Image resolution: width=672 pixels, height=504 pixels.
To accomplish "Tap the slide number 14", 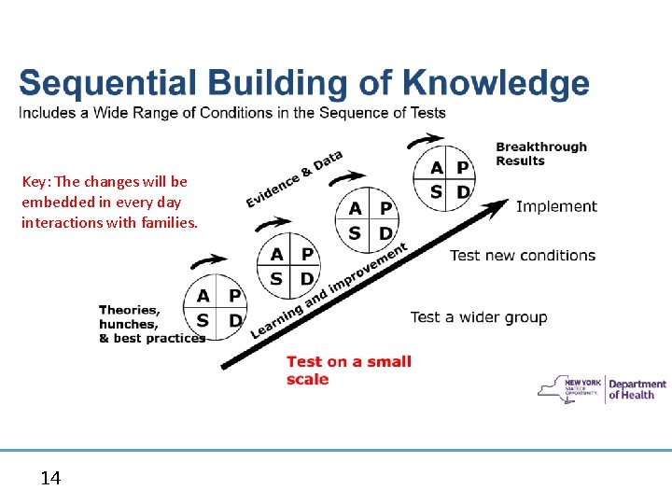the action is (x=50, y=479).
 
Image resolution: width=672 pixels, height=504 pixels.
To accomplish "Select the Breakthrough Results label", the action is (x=541, y=154).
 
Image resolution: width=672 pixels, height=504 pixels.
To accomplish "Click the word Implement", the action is (x=556, y=206).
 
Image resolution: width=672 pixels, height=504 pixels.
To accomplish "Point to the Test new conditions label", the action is (x=522, y=255).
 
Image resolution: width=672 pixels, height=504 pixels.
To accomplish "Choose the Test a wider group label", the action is (x=479, y=317).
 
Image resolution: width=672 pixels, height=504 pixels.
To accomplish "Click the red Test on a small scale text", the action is (x=348, y=370).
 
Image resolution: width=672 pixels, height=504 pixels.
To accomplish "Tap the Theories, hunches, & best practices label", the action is (x=149, y=324).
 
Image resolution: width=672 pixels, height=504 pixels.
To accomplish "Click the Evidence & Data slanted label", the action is (x=294, y=179).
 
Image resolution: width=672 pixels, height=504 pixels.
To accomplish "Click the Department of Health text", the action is (x=637, y=389).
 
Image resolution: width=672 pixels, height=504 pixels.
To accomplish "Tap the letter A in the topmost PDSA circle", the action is (x=437, y=168).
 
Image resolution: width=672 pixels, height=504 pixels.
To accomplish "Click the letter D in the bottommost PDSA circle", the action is (x=235, y=320).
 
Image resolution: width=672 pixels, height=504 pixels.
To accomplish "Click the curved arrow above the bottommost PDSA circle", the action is (x=212, y=261).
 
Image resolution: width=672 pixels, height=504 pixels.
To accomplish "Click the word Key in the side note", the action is (x=34, y=181).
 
